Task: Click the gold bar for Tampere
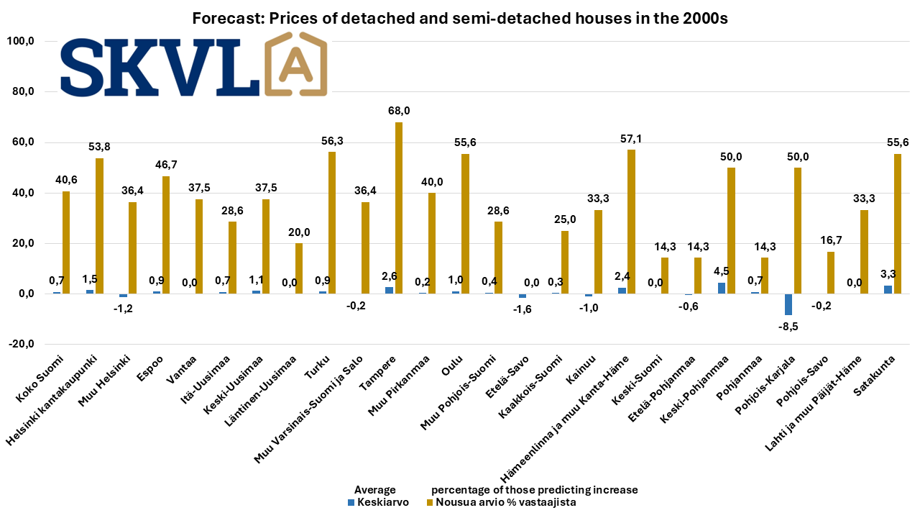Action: tap(399, 208)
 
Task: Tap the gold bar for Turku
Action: tap(333, 223)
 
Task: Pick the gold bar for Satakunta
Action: tap(898, 224)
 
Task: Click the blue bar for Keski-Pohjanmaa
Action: tap(722, 288)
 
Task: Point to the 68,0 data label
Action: tap(399, 112)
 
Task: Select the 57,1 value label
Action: tap(632, 139)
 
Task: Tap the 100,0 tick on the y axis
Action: tap(20, 42)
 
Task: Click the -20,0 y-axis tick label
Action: tap(20, 345)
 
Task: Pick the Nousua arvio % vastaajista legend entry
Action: tap(501, 502)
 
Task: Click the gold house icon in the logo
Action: tap(296, 65)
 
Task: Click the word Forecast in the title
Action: tap(224, 19)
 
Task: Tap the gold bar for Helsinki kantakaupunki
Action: tap(100, 226)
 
